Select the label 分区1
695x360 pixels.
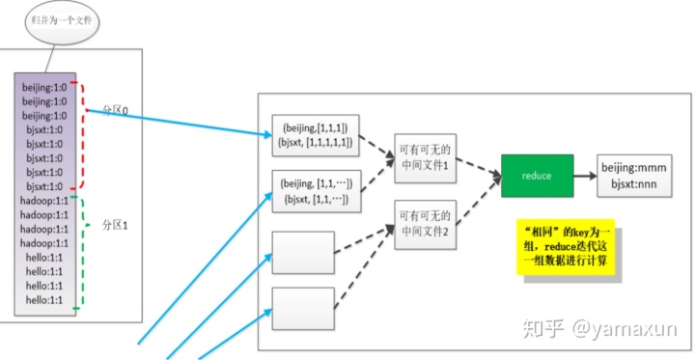[116, 225]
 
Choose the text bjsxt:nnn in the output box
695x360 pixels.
[630, 183]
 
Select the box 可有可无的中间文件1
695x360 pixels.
[425, 154]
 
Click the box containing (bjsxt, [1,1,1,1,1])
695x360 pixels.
[317, 143]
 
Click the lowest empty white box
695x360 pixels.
[303, 309]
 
